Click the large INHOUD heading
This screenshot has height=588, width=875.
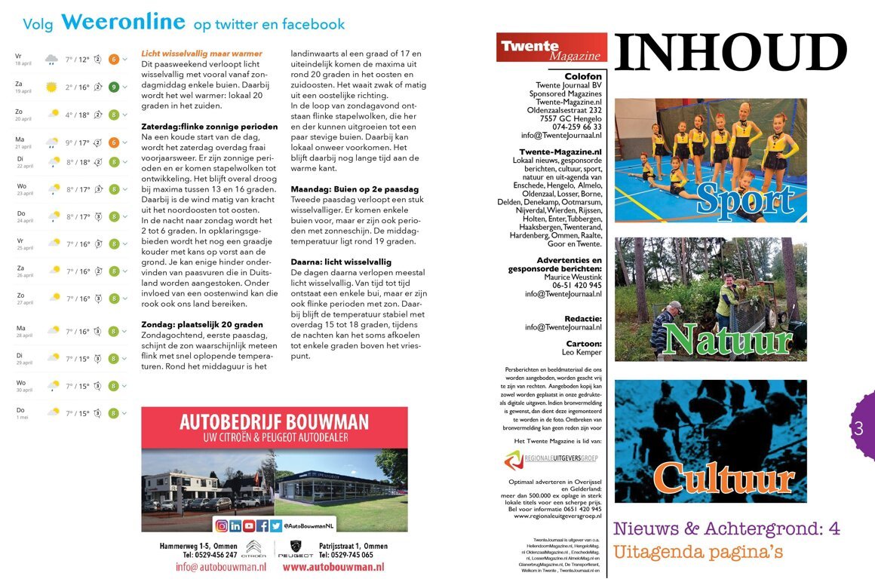tap(731, 53)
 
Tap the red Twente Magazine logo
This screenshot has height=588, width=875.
tap(551, 47)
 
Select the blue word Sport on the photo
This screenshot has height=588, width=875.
tap(745, 198)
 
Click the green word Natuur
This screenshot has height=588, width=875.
tap(728, 339)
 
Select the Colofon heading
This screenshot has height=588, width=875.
tap(583, 76)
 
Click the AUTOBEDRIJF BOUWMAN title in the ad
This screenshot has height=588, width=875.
tap(274, 421)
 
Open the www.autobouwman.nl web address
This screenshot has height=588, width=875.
tap(333, 568)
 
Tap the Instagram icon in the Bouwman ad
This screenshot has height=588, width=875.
tap(222, 526)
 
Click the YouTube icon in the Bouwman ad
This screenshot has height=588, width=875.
tap(249, 526)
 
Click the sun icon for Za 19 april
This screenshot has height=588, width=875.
tap(51, 87)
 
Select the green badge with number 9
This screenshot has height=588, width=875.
tap(113, 87)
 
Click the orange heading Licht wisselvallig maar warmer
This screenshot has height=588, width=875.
tap(201, 54)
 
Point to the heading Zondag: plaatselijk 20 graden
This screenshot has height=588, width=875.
tap(202, 325)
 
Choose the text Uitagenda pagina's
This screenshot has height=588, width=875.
tap(698, 553)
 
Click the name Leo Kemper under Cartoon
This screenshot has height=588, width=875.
tap(582, 353)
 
